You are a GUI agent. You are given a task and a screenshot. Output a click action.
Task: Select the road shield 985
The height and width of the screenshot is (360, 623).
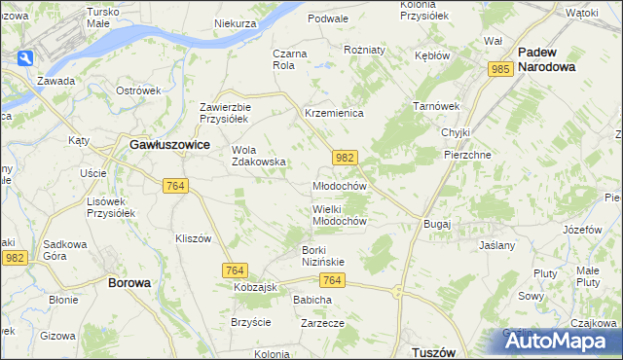501,70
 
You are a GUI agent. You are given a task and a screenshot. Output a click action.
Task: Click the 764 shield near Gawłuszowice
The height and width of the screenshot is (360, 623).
176,186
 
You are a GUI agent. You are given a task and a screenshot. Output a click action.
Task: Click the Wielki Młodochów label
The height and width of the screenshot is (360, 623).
339,215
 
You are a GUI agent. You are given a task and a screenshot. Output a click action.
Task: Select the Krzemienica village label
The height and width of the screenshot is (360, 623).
334,114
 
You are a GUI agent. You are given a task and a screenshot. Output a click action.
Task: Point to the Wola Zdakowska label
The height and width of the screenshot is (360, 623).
258,156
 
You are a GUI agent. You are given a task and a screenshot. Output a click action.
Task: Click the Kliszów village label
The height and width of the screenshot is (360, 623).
193,238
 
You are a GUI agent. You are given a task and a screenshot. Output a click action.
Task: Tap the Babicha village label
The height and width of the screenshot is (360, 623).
312,300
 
